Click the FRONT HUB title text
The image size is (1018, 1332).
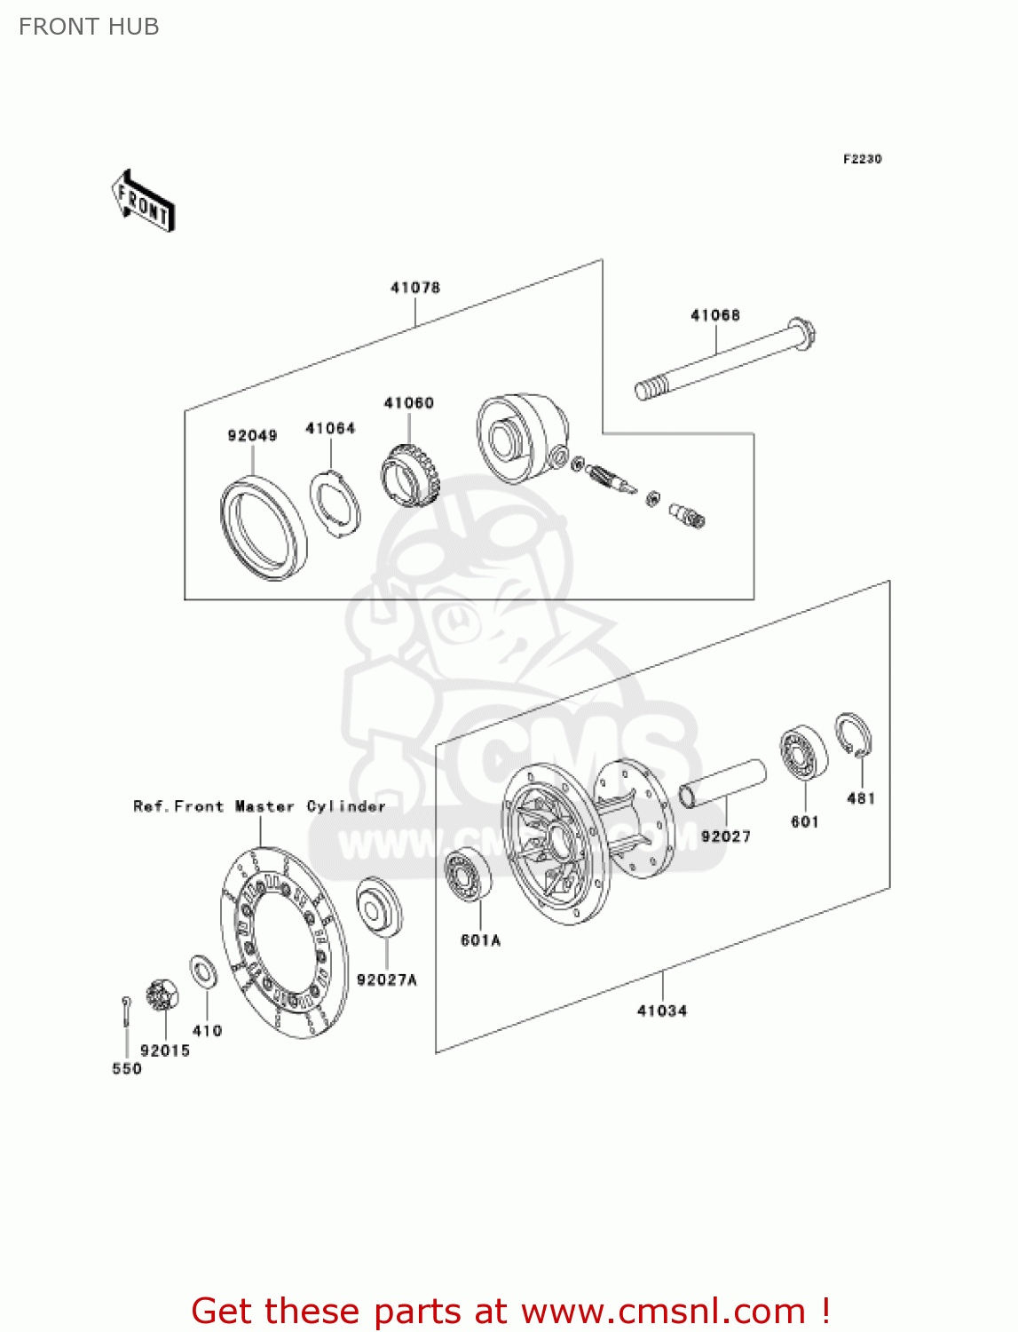tap(89, 27)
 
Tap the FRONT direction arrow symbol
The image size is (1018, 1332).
tap(143, 202)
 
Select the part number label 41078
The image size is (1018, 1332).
tap(414, 288)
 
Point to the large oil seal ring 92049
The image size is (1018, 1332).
tap(263, 528)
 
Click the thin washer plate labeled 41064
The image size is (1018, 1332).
tap(335, 503)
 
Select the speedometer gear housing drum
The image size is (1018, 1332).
tap(521, 439)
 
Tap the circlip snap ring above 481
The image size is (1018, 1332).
tap(853, 736)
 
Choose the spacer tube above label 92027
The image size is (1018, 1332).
tap(722, 782)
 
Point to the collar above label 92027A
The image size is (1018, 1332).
tap(379, 906)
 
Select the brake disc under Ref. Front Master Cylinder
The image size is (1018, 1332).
tap(284, 941)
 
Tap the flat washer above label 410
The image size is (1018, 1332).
tap(204, 971)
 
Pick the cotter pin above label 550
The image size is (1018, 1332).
tap(127, 1012)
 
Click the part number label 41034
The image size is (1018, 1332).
tap(661, 1011)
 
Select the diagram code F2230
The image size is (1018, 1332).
tap(862, 159)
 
